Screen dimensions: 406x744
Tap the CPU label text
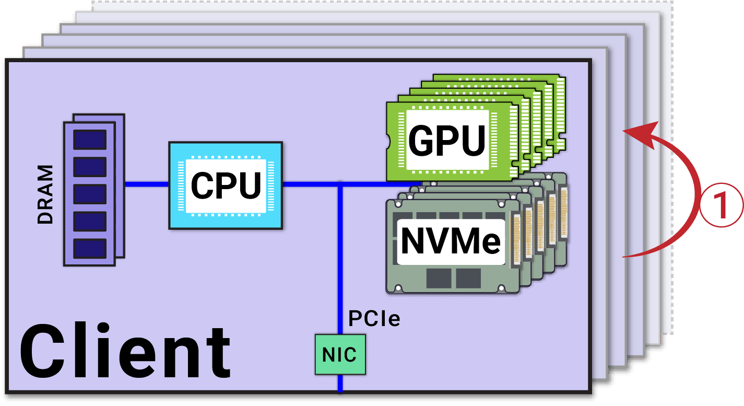226,185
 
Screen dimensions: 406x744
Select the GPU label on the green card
447,140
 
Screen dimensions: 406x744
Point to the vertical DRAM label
46,194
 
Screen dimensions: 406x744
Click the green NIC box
340,355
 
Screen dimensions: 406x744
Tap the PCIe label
374,318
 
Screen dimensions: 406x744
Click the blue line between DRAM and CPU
147,184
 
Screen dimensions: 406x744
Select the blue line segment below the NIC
340,384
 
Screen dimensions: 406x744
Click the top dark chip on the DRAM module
90,140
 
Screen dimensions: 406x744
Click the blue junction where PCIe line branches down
340,184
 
